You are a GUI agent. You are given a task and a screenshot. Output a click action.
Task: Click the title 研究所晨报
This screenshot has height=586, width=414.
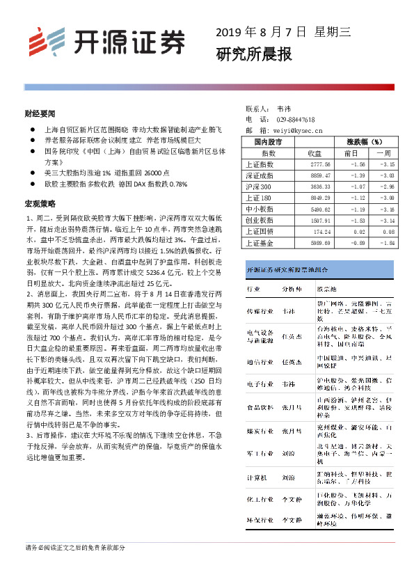pyautogui.click(x=253, y=54)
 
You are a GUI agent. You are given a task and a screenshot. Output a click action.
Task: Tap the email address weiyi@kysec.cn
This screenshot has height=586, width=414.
pyautogui.click(x=298, y=129)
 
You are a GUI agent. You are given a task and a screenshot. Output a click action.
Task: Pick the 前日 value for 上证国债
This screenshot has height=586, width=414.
pyautogui.click(x=357, y=232)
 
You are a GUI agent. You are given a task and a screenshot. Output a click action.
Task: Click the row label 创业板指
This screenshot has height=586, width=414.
pyautogui.click(x=260, y=221)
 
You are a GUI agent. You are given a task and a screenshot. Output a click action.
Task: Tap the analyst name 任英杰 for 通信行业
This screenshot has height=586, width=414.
pyautogui.click(x=292, y=362)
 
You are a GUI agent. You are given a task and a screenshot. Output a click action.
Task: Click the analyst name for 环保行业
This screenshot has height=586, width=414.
pyautogui.click(x=292, y=520)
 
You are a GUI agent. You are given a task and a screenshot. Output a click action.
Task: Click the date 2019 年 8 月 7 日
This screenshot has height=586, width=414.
pyautogui.click(x=261, y=32)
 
